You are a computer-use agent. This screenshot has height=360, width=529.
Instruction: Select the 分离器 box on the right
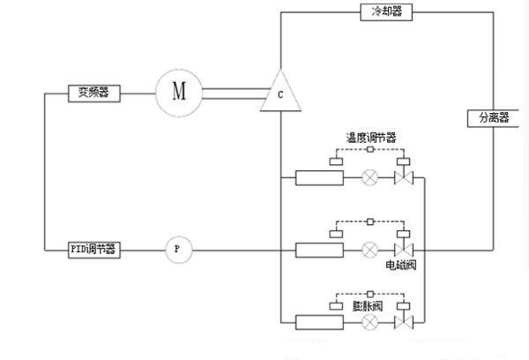click(494, 117)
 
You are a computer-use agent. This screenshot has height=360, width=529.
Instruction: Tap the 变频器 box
click(94, 92)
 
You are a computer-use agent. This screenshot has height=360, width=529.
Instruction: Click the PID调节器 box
click(94, 250)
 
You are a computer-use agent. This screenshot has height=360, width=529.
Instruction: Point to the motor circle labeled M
click(179, 91)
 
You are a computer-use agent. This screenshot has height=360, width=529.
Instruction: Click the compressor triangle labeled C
click(279, 94)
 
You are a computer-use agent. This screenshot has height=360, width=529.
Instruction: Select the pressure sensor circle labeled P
click(177, 250)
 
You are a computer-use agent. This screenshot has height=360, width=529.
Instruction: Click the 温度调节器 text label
click(370, 138)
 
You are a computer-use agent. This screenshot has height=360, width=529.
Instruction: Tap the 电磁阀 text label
click(401, 265)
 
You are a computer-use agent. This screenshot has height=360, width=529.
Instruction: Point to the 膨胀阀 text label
click(367, 306)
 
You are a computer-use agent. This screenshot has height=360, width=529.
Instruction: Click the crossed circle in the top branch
click(370, 178)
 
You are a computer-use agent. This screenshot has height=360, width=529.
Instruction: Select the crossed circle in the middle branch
click(370, 250)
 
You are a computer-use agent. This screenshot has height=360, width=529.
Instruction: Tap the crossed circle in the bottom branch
click(370, 322)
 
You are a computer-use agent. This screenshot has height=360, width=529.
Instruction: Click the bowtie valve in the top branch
click(405, 178)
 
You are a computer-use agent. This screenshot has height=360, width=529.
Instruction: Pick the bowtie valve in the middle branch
click(405, 250)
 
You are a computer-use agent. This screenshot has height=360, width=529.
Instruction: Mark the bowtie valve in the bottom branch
click(405, 322)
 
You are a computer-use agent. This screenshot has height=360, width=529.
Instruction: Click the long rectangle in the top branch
click(319, 178)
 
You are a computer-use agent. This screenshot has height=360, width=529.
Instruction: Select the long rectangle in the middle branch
click(319, 250)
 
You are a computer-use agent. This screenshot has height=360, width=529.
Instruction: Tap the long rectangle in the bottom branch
click(319, 322)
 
